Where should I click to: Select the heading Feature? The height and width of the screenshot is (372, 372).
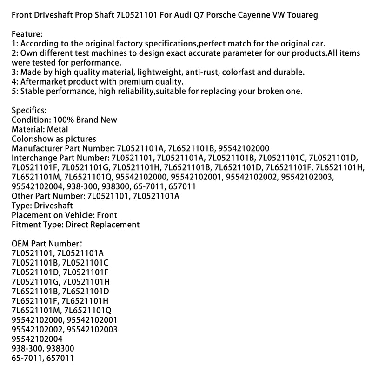pos(29,34)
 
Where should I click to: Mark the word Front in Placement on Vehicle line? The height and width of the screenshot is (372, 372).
pos(107,215)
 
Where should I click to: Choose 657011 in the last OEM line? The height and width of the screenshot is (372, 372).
pos(62,358)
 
